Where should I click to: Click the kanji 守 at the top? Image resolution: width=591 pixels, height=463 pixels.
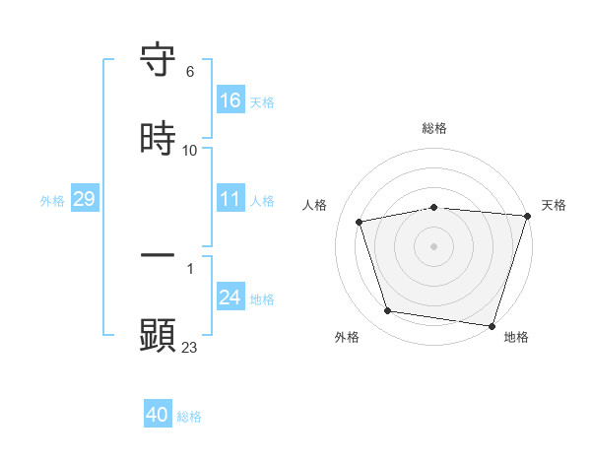158,60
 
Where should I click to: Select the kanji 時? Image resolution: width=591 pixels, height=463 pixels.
158,139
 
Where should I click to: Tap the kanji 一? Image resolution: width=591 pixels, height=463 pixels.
158,256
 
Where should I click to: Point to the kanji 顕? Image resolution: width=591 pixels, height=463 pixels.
158,335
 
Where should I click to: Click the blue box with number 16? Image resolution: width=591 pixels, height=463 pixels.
230,100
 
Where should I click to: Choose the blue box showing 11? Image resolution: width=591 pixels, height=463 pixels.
230,199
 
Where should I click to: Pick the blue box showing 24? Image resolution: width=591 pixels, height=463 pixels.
230,298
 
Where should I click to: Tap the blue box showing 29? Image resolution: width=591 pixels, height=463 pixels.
84,199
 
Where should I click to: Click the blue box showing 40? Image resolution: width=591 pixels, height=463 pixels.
158,415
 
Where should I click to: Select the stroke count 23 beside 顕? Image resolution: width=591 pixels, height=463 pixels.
190,347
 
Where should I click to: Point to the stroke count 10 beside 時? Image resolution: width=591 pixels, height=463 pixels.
190,151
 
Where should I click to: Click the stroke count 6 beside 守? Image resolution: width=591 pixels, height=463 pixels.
190,72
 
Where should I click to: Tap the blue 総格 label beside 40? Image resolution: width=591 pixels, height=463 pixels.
189,417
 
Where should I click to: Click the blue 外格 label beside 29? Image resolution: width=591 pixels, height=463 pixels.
52,200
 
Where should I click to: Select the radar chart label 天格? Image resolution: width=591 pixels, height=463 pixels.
554,205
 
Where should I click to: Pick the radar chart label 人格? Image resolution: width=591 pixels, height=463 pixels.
314,205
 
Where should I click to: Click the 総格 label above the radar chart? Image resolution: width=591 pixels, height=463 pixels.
434,128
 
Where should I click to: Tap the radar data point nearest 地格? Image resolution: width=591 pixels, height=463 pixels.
492,325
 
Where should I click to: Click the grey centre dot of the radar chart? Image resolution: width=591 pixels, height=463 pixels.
434,245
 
